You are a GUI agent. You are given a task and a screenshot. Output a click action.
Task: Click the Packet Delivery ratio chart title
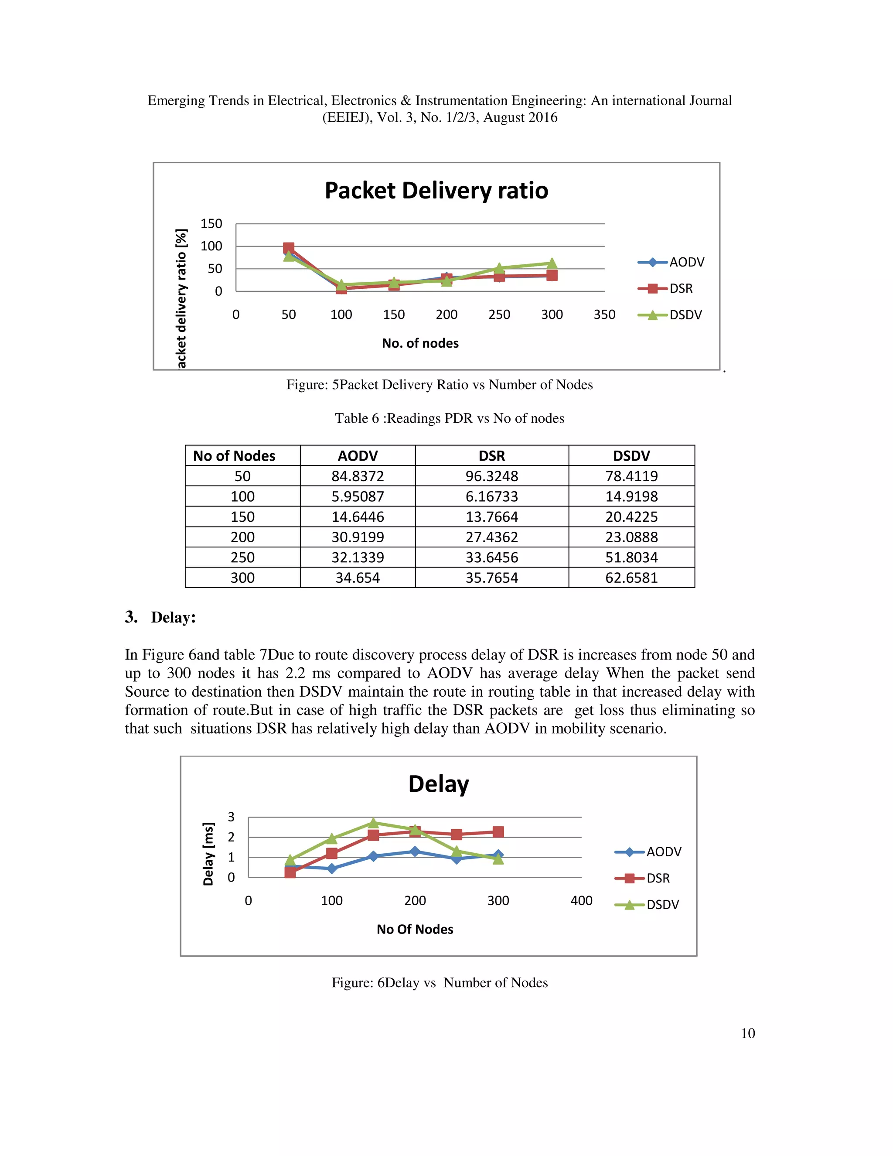(436, 191)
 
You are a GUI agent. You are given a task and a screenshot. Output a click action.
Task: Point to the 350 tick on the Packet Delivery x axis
(604, 315)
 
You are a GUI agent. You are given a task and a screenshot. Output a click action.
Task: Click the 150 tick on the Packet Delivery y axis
(211, 224)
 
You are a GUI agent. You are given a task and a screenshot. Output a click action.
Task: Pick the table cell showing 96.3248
(491, 476)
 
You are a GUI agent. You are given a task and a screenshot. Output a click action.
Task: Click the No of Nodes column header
(234, 456)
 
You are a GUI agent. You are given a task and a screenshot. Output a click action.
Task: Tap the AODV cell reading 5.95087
(358, 496)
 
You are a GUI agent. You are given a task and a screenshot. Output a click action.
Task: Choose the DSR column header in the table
(491, 456)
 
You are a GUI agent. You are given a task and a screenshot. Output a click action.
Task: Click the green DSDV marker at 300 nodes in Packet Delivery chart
(552, 263)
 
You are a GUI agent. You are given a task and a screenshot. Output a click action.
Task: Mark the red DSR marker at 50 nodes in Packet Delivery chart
(288, 248)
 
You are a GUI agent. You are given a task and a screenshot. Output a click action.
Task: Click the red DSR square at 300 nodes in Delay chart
(498, 831)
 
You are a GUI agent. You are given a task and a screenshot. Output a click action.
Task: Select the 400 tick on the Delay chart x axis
(581, 900)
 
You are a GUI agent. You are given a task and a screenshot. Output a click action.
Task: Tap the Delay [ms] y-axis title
(209, 854)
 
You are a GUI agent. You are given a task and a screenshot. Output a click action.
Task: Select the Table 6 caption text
(449, 418)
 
